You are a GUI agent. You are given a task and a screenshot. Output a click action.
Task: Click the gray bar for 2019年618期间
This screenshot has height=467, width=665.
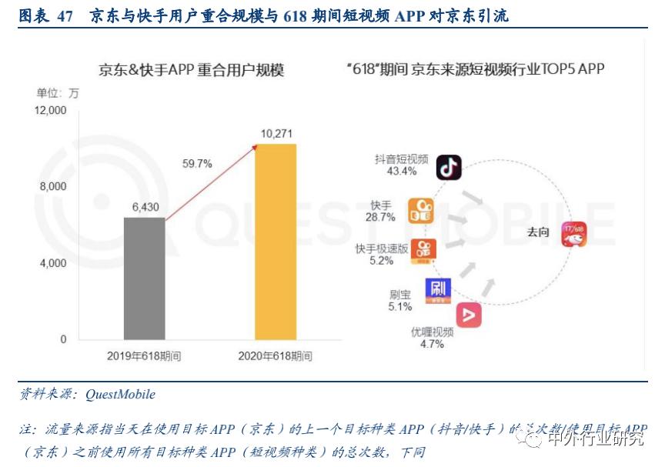[145, 278]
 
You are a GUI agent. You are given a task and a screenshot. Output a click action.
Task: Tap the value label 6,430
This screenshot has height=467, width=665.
[145, 207]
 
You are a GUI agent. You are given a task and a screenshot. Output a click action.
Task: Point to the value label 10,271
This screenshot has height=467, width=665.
[276, 134]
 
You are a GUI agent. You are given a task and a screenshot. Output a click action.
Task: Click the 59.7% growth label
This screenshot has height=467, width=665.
[196, 163]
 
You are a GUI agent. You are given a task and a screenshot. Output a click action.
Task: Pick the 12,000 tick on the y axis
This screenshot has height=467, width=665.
[52, 111]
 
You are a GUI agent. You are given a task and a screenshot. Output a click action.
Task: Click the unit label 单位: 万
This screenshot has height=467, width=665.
[58, 93]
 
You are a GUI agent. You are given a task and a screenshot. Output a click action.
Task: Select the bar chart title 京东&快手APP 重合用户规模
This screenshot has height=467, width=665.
[191, 70]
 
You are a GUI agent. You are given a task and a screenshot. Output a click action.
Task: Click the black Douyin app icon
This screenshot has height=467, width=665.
[449, 167]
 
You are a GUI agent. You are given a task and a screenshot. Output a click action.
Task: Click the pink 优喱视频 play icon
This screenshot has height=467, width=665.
[469, 315]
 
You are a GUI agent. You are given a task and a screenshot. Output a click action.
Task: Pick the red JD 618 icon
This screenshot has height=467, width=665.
[573, 233]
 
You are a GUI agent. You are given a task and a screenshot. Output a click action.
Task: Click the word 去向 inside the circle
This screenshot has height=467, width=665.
[537, 232]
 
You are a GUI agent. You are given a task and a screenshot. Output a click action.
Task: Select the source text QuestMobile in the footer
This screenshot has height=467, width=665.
[120, 395]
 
